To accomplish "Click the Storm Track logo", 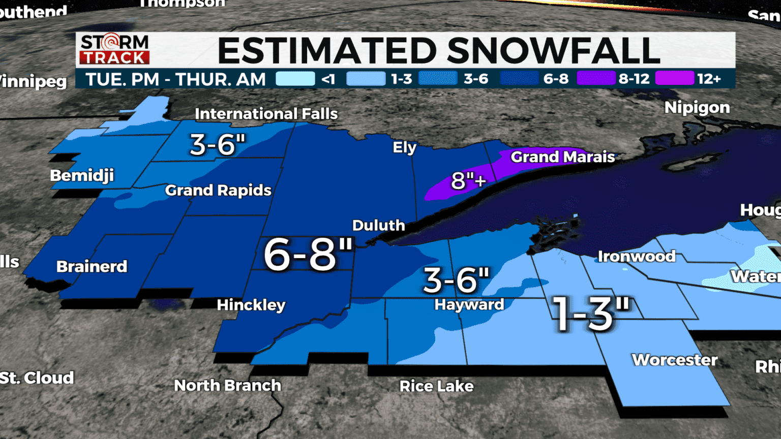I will pyautogui.click(x=114, y=49).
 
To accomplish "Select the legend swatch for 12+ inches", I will pyautogui.click(x=674, y=79).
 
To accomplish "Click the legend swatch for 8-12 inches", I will pyautogui.click(x=596, y=79).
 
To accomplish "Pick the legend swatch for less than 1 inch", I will pyautogui.click(x=295, y=79).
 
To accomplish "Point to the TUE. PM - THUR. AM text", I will pyautogui.click(x=175, y=79).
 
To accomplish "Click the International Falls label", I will pyautogui.click(x=266, y=114).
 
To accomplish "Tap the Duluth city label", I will pyautogui.click(x=378, y=225).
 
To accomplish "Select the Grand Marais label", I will pyautogui.click(x=562, y=157).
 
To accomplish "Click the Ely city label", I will pyautogui.click(x=404, y=147).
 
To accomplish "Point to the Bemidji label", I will pyautogui.click(x=82, y=176).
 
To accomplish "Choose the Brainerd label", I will pyautogui.click(x=92, y=266).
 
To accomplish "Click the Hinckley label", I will pyautogui.click(x=251, y=305).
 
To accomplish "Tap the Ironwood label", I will pyautogui.click(x=636, y=256).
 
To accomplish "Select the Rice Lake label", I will pyautogui.click(x=436, y=386).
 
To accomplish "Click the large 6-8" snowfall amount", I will pyautogui.click(x=308, y=255).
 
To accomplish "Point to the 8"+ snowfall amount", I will pyautogui.click(x=468, y=180).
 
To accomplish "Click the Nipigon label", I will pyautogui.click(x=697, y=108).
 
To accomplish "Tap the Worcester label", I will pyautogui.click(x=674, y=360).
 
